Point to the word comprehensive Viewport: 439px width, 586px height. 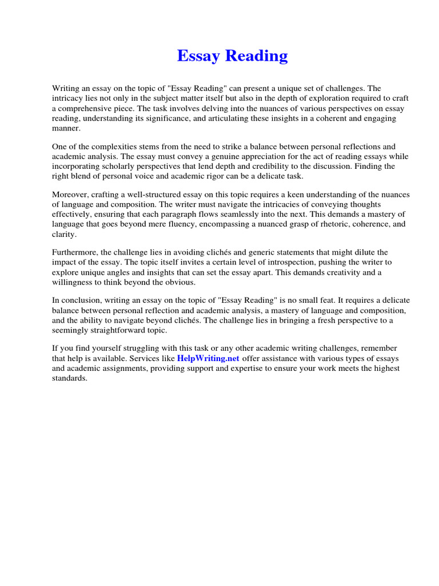pyautogui.click(x=85, y=108)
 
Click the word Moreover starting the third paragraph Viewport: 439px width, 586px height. pyautogui.click(x=70, y=195)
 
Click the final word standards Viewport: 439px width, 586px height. pyautogui.click(x=69, y=378)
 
